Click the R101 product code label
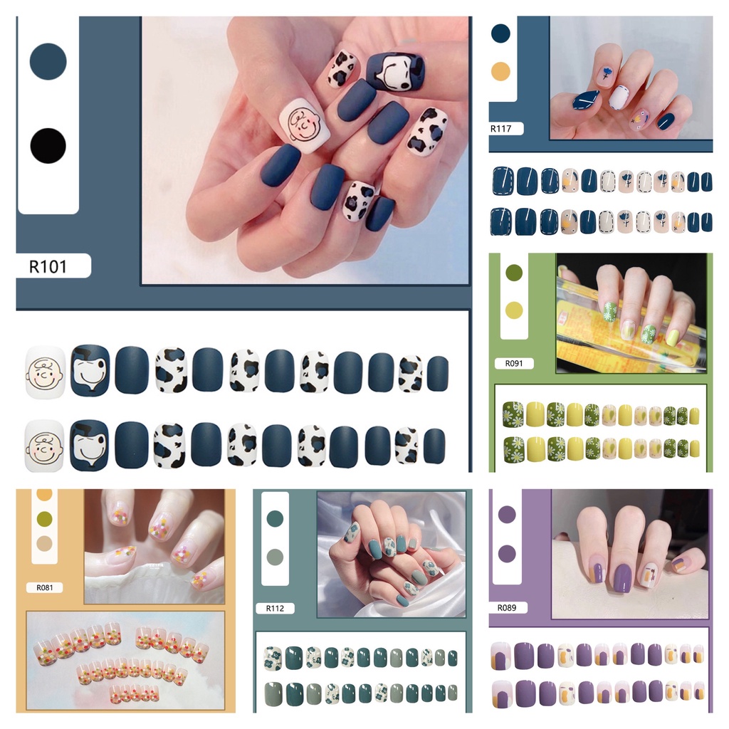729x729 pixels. click(x=48, y=266)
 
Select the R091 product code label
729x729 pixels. click(x=513, y=363)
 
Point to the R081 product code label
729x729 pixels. click(x=43, y=588)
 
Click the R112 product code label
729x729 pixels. click(x=275, y=608)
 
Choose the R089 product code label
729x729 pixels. click(x=513, y=608)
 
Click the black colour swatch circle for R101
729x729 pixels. click(x=48, y=146)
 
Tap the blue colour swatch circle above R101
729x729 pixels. click(x=48, y=62)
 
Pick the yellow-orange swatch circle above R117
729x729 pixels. click(x=501, y=71)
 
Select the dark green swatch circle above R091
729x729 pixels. click(x=513, y=273)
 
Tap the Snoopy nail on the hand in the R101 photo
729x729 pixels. click(x=395, y=71)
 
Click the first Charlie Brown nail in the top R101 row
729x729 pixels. click(x=45, y=372)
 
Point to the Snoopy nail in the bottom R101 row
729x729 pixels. click(x=90, y=446)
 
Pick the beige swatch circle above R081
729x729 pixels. click(x=44, y=544)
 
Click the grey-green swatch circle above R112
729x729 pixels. click(x=274, y=556)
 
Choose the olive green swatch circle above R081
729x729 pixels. click(x=44, y=518)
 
